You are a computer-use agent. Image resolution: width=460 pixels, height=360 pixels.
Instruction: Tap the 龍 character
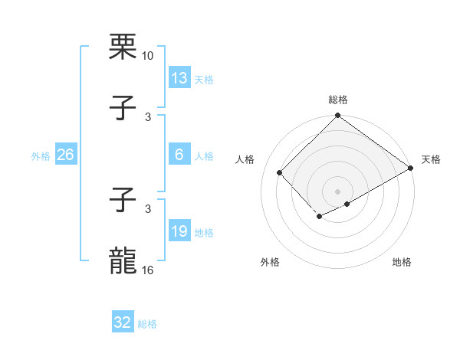click(x=123, y=260)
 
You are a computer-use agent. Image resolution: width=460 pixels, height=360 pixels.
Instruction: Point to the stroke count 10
click(x=147, y=56)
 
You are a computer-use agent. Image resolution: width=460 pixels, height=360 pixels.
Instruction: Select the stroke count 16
click(x=147, y=271)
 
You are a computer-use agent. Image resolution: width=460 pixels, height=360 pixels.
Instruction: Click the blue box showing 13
click(x=179, y=77)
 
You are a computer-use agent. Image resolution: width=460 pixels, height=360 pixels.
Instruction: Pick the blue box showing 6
click(x=179, y=155)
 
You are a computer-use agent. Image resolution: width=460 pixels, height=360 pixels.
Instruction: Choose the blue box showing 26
click(x=65, y=155)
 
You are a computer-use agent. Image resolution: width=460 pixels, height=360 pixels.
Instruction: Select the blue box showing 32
click(x=123, y=322)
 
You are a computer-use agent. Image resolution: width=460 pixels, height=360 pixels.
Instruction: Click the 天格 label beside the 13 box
click(x=203, y=80)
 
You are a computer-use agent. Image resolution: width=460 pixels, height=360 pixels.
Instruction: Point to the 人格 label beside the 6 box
click(x=203, y=156)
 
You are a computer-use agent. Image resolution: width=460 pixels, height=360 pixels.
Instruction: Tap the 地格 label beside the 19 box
click(x=203, y=233)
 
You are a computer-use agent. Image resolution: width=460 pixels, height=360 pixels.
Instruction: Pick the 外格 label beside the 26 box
click(x=41, y=156)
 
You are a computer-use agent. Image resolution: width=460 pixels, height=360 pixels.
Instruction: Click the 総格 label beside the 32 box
click(x=147, y=324)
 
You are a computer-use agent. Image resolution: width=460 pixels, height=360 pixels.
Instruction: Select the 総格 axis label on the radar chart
click(x=338, y=100)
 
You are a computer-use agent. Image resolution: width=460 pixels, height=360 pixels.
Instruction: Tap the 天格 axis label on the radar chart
click(x=431, y=159)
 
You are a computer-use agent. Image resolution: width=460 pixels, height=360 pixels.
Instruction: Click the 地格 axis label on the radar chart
click(x=402, y=262)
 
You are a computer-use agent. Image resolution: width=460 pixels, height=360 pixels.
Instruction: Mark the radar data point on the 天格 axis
click(x=412, y=168)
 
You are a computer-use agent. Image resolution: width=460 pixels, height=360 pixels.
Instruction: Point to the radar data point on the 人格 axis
click(x=280, y=172)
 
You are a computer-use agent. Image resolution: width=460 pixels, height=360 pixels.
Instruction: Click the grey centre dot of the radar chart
click(x=338, y=191)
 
